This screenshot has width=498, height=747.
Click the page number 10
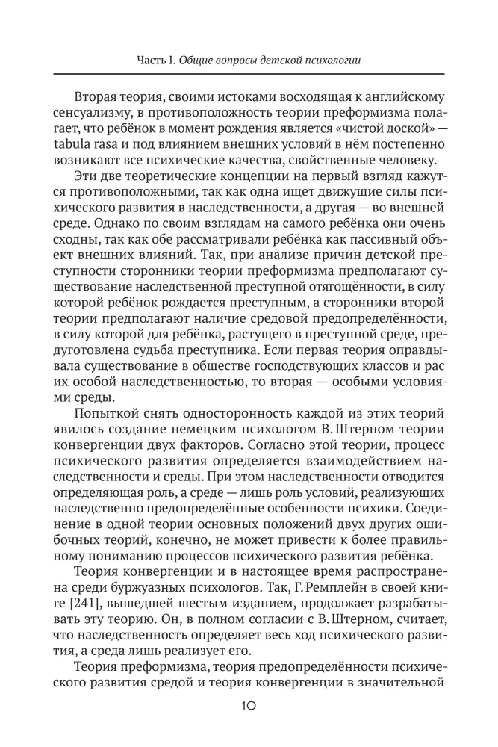[249, 704]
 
